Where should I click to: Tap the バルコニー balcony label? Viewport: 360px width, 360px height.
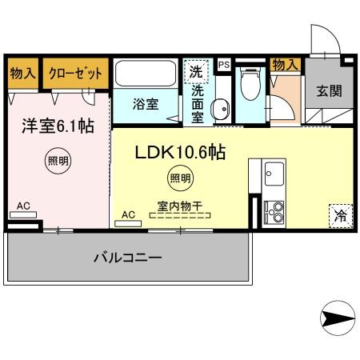[128, 258]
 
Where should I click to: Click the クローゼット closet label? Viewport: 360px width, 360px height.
[75, 73]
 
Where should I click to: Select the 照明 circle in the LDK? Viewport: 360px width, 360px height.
[179, 178]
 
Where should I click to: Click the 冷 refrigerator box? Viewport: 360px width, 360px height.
[340, 214]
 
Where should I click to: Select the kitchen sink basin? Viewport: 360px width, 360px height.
[274, 172]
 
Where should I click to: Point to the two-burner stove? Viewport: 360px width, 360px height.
[274, 210]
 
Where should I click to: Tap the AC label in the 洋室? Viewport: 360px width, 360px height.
[24, 206]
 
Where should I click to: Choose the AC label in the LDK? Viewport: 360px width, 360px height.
[128, 214]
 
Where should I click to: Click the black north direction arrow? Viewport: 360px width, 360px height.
[336, 318]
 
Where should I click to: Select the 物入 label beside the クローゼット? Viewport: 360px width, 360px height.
[22, 73]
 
